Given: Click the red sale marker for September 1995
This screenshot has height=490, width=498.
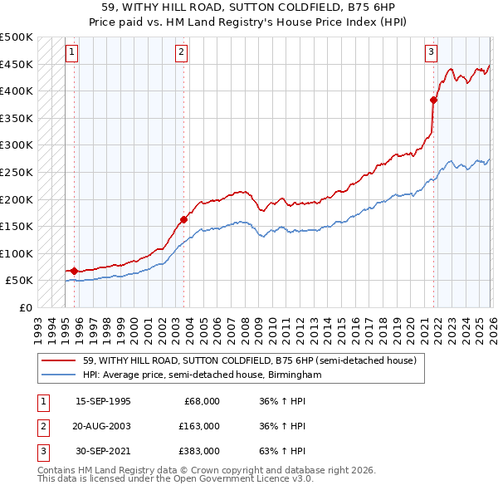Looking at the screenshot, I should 74,271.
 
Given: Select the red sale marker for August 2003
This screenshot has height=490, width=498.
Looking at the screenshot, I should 183,219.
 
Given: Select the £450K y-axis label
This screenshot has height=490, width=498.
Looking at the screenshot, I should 17,64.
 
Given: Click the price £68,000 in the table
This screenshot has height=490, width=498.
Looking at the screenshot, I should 202,401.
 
